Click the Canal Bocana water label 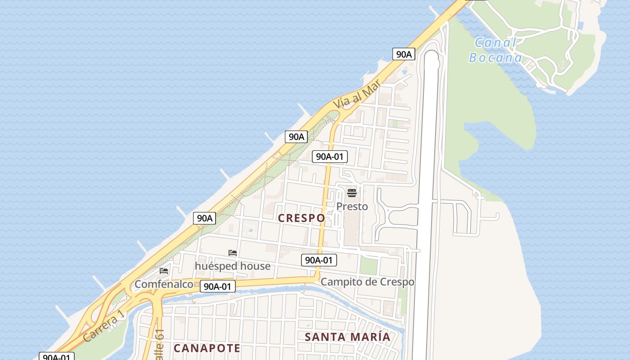495,50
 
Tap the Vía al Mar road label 356,94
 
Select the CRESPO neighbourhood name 301,218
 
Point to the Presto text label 352,207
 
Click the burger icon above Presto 352,193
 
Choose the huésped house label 233,266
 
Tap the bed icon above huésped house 233,253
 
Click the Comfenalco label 164,284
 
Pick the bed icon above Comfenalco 164,271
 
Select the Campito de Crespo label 367,282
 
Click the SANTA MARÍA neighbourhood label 347,337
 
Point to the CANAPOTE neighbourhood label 207,348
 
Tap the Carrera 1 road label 103,326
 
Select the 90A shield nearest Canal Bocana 403,54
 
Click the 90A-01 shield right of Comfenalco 218,287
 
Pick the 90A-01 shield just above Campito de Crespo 319,260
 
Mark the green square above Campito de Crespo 368,266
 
